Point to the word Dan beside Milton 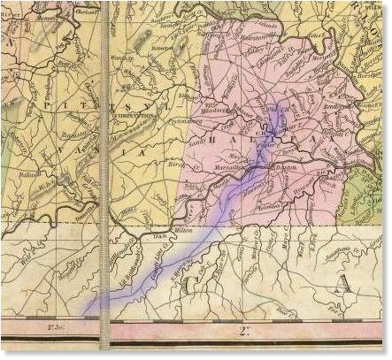pyautogui.click(x=160, y=236)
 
